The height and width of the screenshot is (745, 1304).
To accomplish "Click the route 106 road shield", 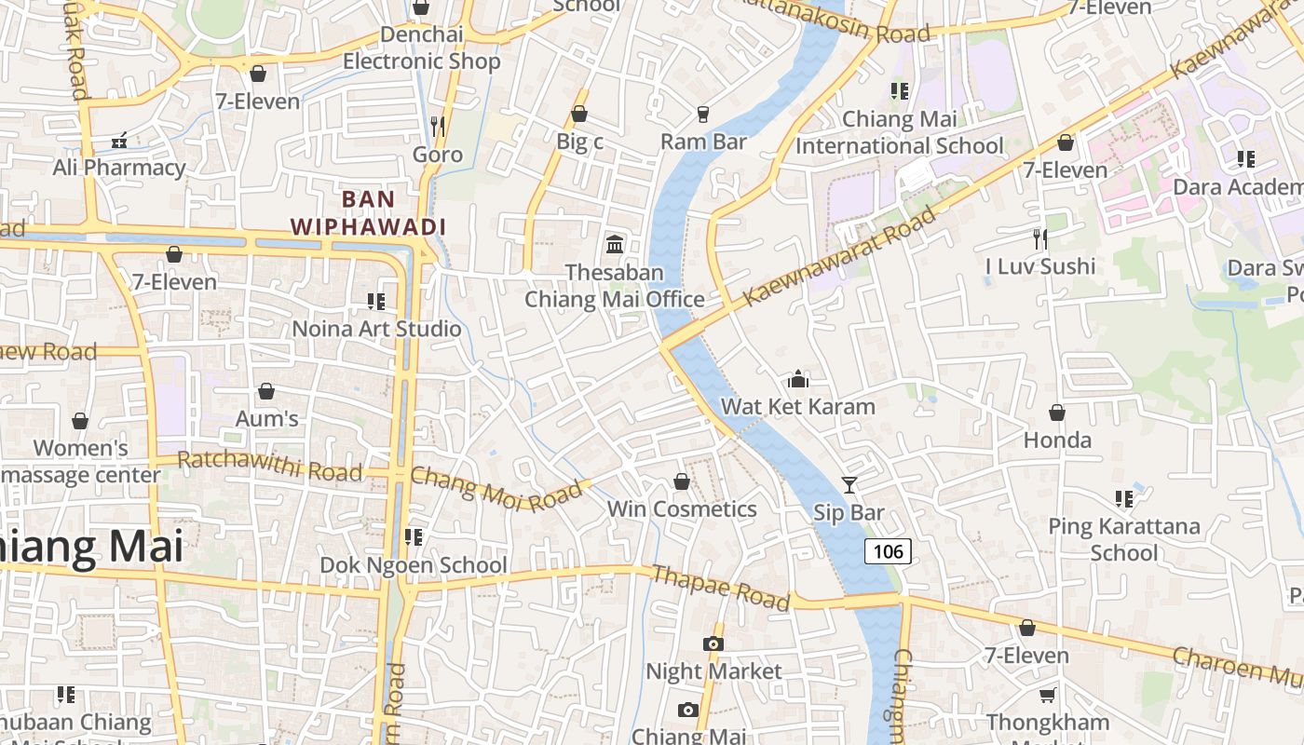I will pos(888,551).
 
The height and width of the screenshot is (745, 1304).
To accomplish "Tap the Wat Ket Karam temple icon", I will pos(798,379).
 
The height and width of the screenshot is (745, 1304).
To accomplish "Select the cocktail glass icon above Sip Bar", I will pos(849,484).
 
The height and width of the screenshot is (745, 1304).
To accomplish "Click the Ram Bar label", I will pos(703,142).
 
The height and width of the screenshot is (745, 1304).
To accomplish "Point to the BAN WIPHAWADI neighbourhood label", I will pos(369,212).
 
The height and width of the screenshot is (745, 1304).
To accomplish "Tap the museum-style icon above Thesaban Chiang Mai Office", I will pos(615,244).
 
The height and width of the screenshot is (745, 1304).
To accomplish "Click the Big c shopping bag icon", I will pos(579,114).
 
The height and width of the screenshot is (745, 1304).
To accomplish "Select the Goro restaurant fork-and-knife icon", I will pos(437,126).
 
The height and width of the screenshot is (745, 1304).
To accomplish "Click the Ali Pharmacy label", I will pos(119,168).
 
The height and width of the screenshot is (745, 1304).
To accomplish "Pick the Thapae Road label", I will pos(721,588).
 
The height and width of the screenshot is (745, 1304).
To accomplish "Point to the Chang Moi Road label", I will pos(500,489).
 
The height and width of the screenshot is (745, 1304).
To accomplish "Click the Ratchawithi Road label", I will pos(269,466).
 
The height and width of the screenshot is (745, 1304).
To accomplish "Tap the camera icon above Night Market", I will pos(713,643).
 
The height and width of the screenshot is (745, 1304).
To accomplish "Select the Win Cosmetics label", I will pos(682,509).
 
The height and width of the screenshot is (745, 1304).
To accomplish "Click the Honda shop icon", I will pos(1057,412).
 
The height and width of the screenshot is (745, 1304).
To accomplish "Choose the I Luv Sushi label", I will pos(1040,266).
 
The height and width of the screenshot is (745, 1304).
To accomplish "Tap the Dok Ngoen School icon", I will pos(414,537).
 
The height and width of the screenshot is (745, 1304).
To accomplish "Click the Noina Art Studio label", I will pos(376,329).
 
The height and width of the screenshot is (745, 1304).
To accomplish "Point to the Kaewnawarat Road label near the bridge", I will pos(841,256).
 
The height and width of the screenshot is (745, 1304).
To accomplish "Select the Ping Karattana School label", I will pos(1123,539).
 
